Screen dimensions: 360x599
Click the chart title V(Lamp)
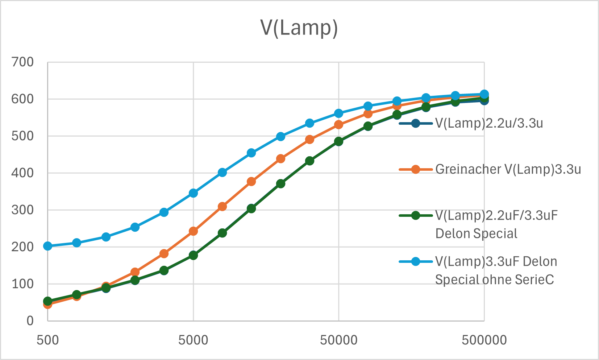pos(299,28)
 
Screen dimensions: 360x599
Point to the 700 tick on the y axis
pos(22,62)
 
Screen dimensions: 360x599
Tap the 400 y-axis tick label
pos(22,173)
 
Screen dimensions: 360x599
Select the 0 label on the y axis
pos(30,321)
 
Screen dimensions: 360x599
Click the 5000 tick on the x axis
pos(193,340)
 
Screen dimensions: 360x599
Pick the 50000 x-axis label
pos(338,340)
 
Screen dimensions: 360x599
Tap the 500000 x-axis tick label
pos(484,340)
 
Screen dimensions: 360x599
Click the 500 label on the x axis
pos(48,340)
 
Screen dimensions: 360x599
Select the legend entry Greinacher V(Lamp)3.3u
pos(508,169)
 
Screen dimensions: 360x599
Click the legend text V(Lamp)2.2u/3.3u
pos(489,123)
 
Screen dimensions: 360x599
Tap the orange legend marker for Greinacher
pos(416,169)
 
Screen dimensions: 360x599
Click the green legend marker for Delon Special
pos(416,216)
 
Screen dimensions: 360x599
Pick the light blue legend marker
pos(416,261)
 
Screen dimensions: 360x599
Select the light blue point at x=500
pos(47,246)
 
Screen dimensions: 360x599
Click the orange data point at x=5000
pos(193,231)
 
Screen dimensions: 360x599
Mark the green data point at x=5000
pos(193,255)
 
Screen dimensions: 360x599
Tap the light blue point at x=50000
pos(338,113)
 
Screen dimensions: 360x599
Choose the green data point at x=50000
pos(338,141)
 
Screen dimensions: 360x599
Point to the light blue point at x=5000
pos(193,193)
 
